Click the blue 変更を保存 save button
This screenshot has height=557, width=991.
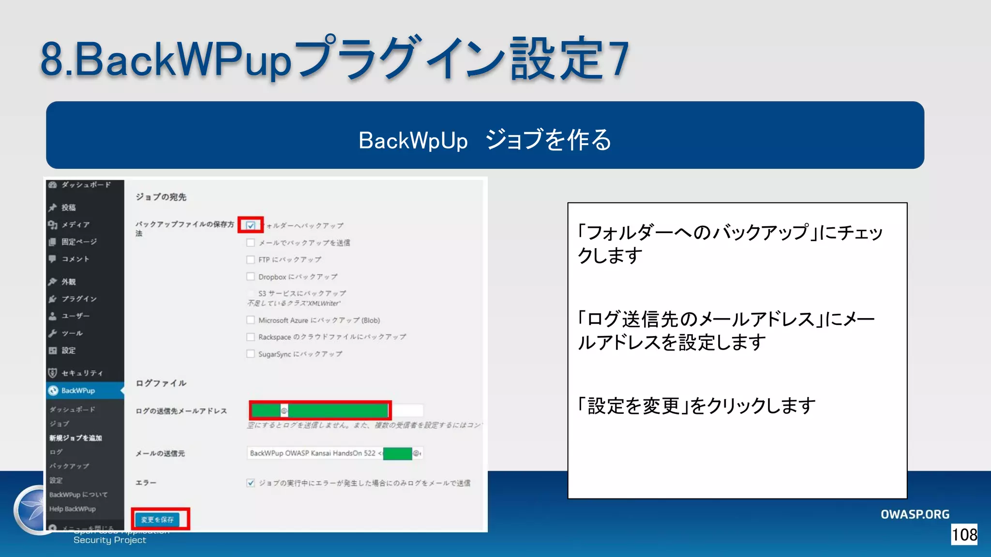(x=157, y=519)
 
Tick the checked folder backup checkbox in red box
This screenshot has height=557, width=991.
(x=251, y=225)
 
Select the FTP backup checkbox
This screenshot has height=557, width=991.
(x=251, y=260)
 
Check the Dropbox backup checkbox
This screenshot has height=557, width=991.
(x=251, y=277)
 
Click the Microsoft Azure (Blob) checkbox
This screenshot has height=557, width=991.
(x=251, y=320)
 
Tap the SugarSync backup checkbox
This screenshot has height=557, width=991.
(x=251, y=354)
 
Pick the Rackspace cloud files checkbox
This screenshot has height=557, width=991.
(x=251, y=337)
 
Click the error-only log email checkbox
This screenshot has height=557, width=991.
(x=251, y=483)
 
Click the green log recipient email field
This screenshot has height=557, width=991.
(x=320, y=410)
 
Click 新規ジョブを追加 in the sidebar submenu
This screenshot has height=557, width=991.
(x=75, y=438)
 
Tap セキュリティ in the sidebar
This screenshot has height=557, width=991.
(x=82, y=373)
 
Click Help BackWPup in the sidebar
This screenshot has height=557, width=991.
(x=73, y=509)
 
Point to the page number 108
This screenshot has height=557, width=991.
(x=964, y=535)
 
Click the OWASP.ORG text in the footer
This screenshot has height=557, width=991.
(x=915, y=514)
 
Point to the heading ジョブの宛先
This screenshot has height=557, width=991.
(x=161, y=197)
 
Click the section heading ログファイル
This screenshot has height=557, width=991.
(x=161, y=383)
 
